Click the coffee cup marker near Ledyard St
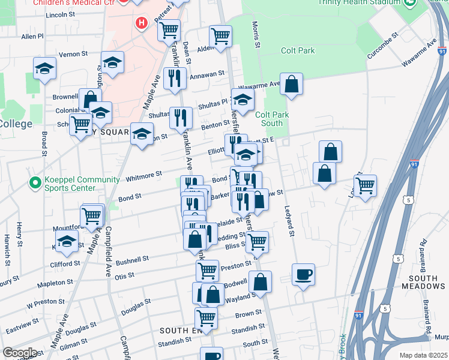303,275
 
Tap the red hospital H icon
141,24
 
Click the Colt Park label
297,51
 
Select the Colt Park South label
268,119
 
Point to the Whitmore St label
144,176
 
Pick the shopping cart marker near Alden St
221,36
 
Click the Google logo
20,353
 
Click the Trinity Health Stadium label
359,2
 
